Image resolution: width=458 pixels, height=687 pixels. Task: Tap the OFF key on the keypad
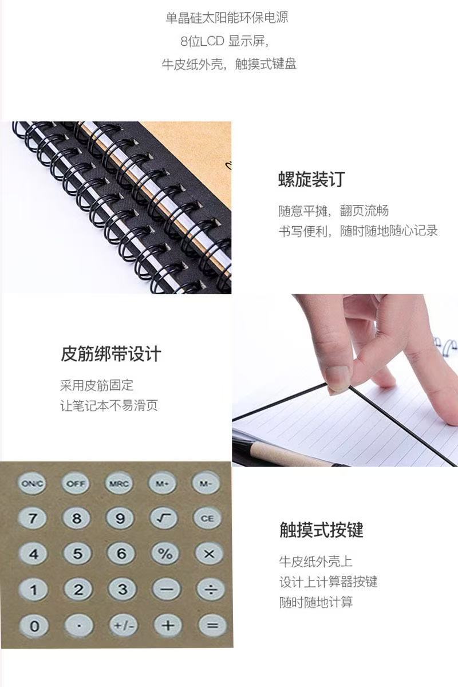coord(76,484)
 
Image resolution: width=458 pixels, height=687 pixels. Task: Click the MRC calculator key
coord(119,484)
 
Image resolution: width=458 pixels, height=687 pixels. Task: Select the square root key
coord(163,518)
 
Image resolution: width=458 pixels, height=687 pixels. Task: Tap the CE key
coord(207,518)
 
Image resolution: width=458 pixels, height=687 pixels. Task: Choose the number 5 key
coord(78,554)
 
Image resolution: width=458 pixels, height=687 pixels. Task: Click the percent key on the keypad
coord(165,554)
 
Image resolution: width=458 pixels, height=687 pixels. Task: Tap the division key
coord(211,590)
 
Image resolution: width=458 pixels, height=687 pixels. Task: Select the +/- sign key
coord(124,625)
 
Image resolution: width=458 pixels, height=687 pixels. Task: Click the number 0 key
coord(34,626)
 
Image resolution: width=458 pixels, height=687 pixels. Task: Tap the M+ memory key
coord(162,484)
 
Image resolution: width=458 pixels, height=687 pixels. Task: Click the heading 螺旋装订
coord(311,179)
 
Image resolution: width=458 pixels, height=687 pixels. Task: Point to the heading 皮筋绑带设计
coord(110,354)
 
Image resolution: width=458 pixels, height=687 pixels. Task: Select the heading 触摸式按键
coord(321,530)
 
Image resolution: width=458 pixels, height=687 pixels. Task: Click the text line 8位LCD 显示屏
coord(225,41)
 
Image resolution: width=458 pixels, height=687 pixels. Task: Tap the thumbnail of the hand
coord(345,380)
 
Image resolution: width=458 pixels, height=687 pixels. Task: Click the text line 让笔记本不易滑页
coord(109,406)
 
